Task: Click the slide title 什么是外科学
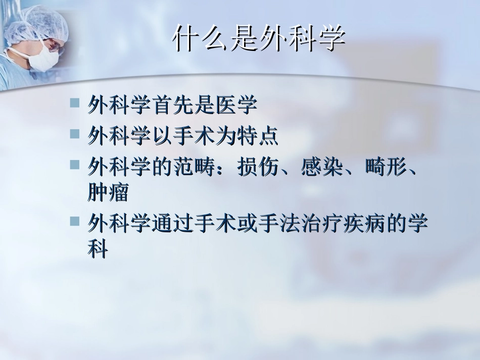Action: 259,39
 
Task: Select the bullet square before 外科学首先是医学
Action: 75,103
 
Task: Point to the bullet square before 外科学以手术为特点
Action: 75,133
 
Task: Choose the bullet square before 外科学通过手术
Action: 75,221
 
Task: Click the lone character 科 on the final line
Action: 98,249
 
